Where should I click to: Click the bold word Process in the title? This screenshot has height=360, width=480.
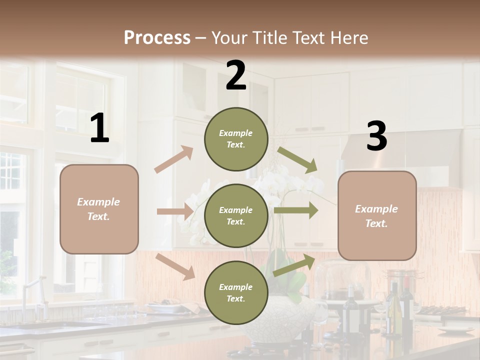pos(157,38)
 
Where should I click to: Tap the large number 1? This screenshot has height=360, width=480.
pos(99,128)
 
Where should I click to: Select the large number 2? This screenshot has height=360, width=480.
pos(236,75)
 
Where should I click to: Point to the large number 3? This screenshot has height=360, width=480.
pos(376,136)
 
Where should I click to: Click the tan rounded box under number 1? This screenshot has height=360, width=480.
pos(99,209)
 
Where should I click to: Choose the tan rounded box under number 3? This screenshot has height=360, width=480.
pos(377,215)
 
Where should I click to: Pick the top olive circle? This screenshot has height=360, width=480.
pos(236,139)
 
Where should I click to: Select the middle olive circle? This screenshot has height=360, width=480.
pos(236,215)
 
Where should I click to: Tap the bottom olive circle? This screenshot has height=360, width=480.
pos(236,292)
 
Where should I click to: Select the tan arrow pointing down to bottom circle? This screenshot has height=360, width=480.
pos(175,266)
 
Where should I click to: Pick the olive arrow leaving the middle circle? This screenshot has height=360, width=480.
pos(296,210)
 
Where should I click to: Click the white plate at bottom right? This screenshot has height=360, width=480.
pos(455,330)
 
